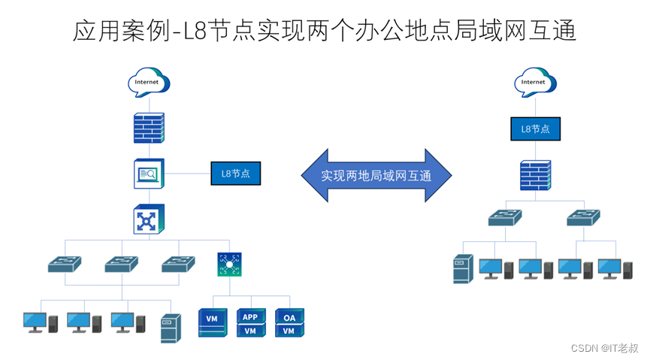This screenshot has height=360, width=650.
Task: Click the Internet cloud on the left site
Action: pyautogui.click(x=149, y=81)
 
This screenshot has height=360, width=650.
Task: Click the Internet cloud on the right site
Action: pyautogui.click(x=533, y=82)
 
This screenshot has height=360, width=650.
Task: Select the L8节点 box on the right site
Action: pyautogui.click(x=535, y=129)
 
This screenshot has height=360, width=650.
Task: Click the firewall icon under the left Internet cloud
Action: pyautogui.click(x=149, y=128)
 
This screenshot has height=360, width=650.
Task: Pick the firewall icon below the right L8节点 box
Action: pyautogui.click(x=535, y=175)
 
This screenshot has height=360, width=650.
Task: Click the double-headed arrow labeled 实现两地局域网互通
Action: pyautogui.click(x=376, y=175)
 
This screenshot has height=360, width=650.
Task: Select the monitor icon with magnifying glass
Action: pyautogui.click(x=149, y=174)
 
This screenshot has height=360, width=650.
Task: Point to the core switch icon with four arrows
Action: pyautogui.click(x=149, y=219)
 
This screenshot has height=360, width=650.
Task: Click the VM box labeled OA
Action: pyautogui.click(x=289, y=323)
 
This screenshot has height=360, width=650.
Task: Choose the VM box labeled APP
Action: pyautogui.click(x=250, y=323)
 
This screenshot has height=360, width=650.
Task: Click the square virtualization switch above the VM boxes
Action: pyautogui.click(x=230, y=264)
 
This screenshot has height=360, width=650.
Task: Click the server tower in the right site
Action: pyautogui.click(x=461, y=269)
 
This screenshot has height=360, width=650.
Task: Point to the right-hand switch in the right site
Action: pyautogui.click(x=583, y=217)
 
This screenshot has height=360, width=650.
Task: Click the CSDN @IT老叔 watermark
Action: pyautogui.click(x=604, y=348)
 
